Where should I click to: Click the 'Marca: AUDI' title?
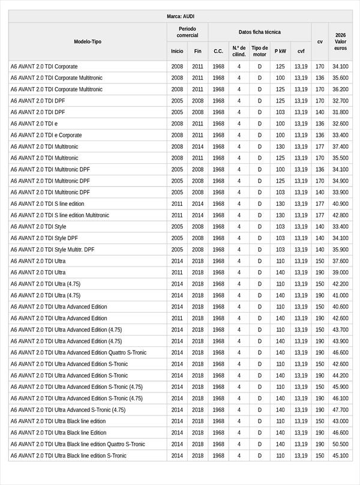click(180, 16)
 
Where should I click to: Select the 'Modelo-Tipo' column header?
click(88, 41)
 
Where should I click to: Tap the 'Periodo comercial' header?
click(187, 32)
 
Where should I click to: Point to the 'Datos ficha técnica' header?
click(259, 32)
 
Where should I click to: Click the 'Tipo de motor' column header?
click(259, 51)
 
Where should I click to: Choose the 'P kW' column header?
click(280, 51)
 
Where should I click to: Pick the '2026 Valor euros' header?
click(340, 41)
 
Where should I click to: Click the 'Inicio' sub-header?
click(177, 51)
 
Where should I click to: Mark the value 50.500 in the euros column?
click(340, 444)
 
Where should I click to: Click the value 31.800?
click(340, 112)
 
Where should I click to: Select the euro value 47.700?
click(340, 410)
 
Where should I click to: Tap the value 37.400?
click(340, 146)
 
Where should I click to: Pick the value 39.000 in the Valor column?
click(340, 273)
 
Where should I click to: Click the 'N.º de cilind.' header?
click(239, 51)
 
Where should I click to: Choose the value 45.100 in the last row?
click(340, 456)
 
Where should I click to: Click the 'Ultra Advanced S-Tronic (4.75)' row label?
click(68, 410)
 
